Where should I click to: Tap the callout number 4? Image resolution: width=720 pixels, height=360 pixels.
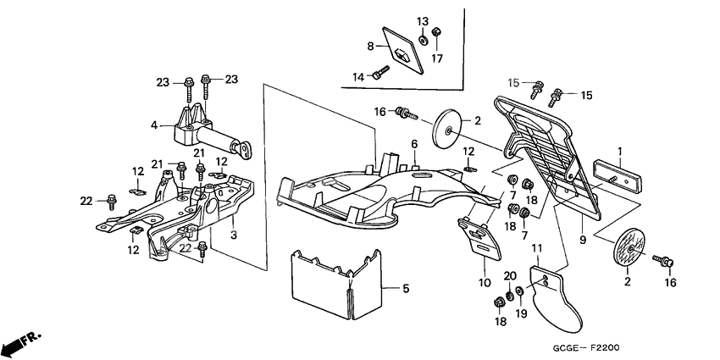(x=154, y=125)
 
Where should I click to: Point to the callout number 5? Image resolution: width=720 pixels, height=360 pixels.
(x=406, y=289)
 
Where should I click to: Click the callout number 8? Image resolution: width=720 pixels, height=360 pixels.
(x=370, y=45)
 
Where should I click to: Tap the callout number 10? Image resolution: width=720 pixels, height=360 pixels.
(x=485, y=282)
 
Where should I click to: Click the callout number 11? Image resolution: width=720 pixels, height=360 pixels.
(x=536, y=247)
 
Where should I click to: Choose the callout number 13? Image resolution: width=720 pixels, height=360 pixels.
(x=422, y=20)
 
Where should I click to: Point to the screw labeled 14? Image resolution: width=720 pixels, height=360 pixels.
(x=382, y=74)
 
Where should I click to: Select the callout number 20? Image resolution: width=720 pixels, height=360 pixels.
(x=509, y=276)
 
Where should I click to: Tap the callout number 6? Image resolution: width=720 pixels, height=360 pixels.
(x=415, y=145)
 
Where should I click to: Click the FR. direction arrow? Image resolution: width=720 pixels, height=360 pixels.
(x=21, y=344)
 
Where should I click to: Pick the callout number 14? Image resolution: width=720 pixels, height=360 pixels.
(x=359, y=77)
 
